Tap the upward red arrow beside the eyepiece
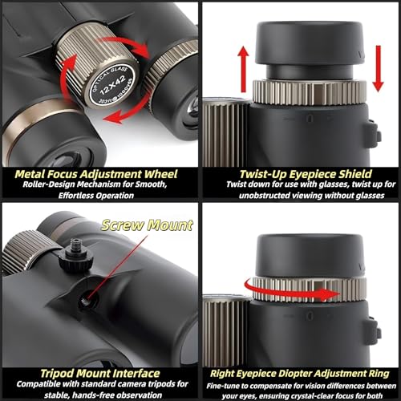coord(243,69)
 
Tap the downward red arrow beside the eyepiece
coord(378,68)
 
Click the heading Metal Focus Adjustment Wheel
coord(96,174)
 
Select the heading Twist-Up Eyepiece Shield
coord(306,174)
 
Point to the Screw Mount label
coord(147,225)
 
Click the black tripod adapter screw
coord(75,256)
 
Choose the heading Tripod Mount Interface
coord(100,373)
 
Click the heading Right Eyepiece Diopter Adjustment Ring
coord(300,374)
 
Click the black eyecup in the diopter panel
coord(310,256)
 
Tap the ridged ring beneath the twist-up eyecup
coord(310,91)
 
